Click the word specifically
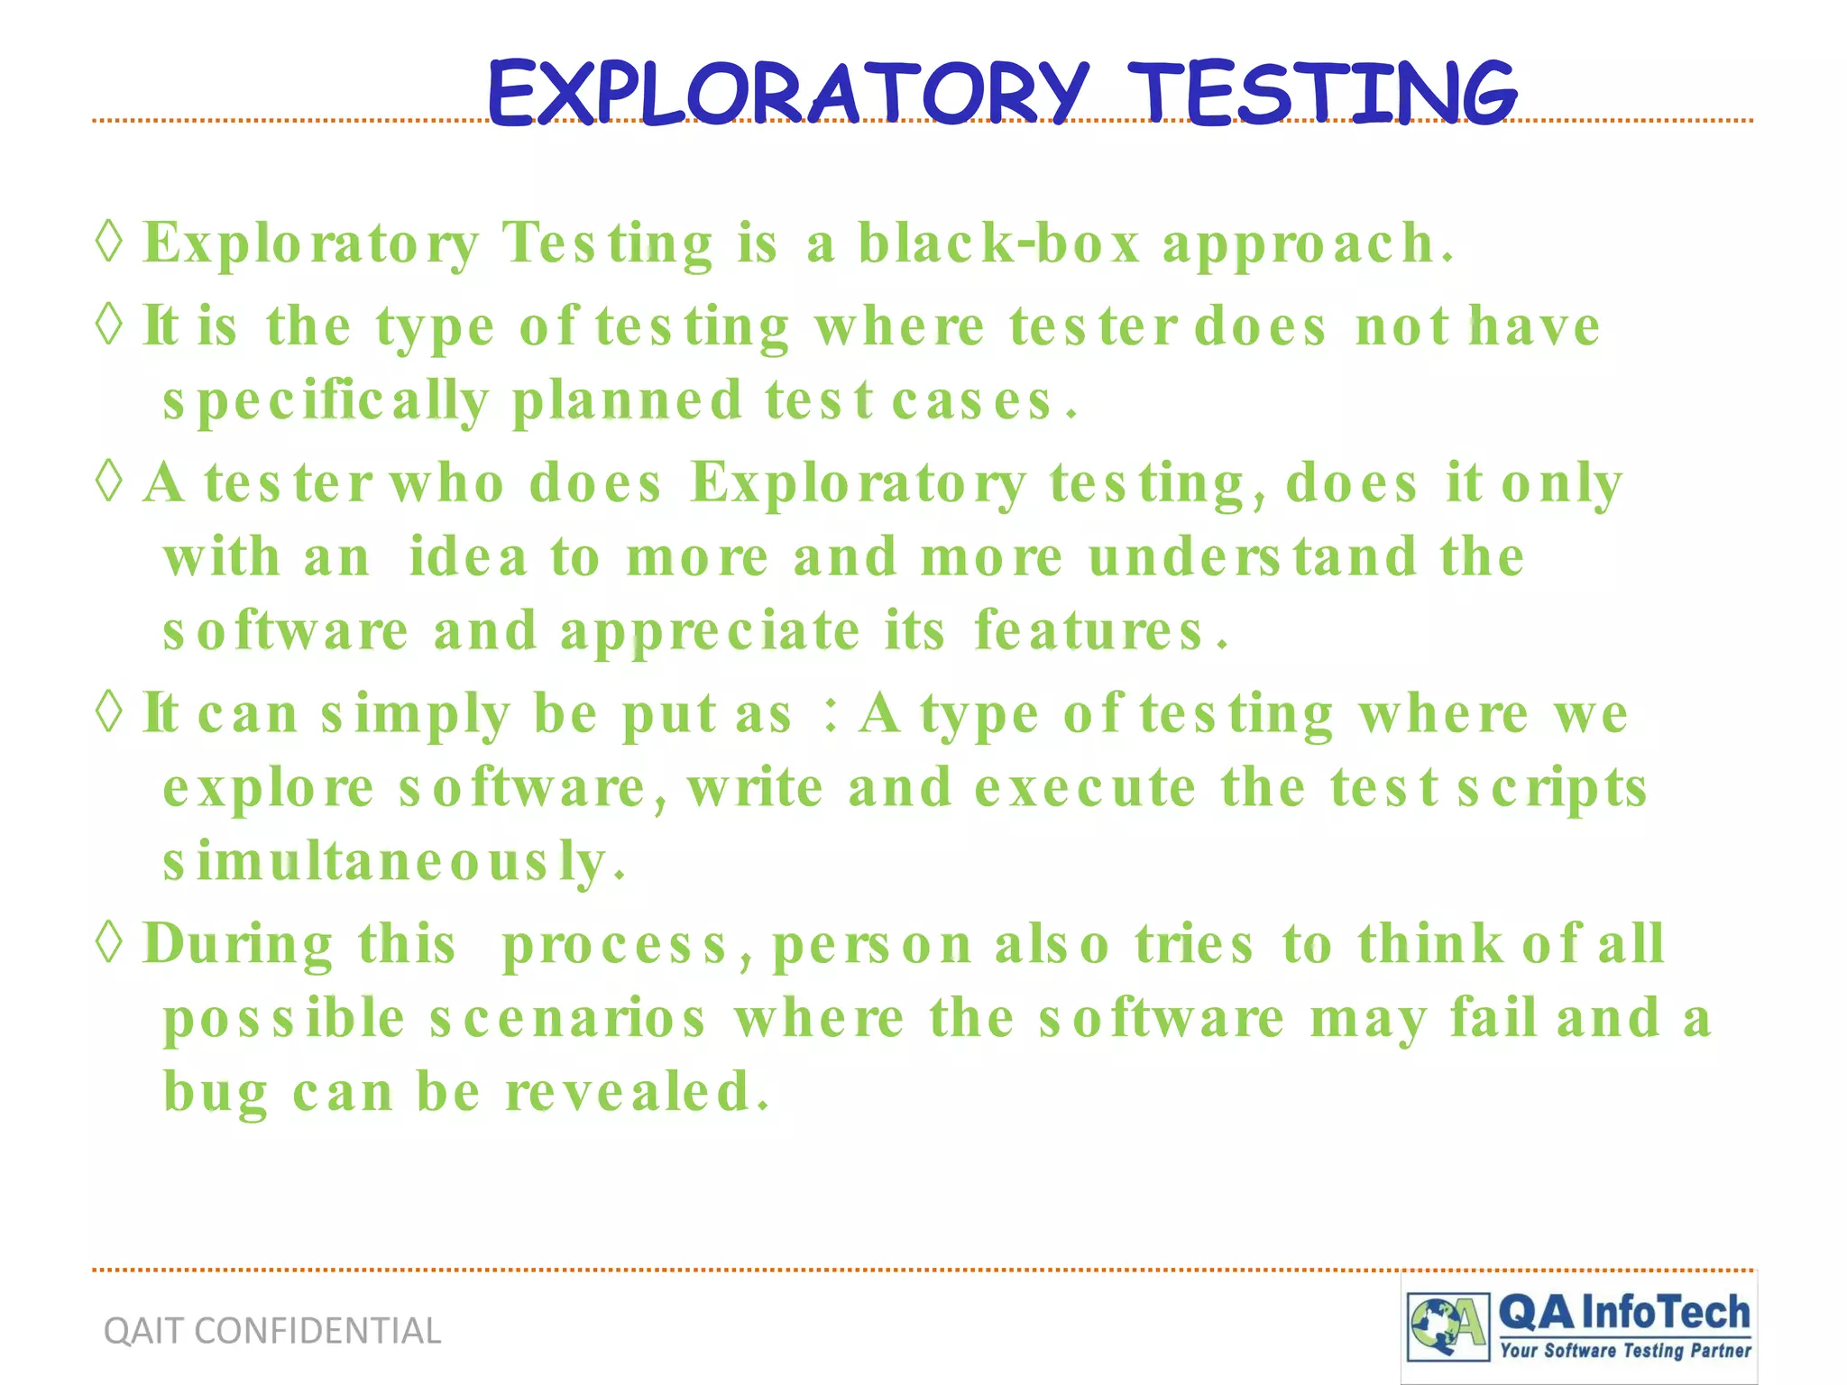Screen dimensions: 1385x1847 point(326,401)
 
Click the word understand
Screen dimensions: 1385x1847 point(1253,556)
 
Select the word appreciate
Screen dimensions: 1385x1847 point(710,631)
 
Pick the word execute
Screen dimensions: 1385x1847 point(1086,788)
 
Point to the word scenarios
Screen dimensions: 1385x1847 point(567,1019)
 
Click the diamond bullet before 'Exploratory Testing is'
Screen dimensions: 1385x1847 point(109,242)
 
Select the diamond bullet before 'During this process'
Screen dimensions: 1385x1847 point(109,942)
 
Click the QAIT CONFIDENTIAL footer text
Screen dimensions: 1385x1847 point(272,1331)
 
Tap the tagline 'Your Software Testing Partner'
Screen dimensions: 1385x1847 point(1624,1351)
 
